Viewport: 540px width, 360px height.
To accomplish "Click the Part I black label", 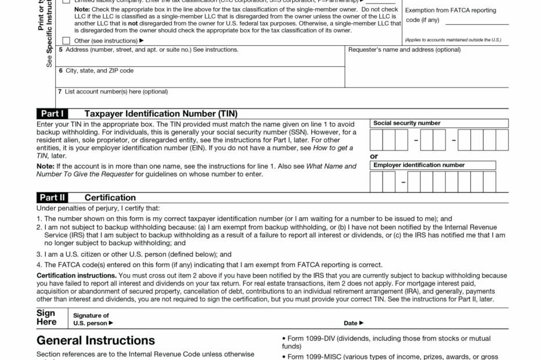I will coord(52,114).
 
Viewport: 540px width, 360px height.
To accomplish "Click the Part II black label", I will coord(52,197).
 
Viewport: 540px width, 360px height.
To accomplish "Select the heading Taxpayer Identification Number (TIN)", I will coord(161,114).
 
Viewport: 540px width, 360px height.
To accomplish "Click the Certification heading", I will coord(110,197).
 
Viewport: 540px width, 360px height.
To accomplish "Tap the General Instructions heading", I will coord(96,340).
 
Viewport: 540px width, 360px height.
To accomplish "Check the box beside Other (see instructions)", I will coord(66,41).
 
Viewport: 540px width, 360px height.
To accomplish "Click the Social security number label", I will coord(406,123).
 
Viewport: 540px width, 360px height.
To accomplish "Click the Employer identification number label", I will coord(419,165).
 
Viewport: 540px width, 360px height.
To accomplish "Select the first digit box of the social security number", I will coord(376,141).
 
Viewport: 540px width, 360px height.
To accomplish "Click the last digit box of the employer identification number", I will coord(489,182).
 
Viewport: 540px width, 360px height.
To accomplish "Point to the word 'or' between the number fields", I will coord(374,156).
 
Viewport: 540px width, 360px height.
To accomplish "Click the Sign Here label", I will coord(47,318).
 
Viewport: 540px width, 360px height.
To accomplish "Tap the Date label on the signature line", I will coord(354,323).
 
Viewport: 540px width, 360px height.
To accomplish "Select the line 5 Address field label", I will coord(148,50).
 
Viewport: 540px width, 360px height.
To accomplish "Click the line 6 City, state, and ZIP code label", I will coord(96,71).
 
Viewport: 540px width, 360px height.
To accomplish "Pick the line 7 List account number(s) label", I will coord(113,92).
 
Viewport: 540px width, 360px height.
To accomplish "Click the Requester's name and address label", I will coord(404,50).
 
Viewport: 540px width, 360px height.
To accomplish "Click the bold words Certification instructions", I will coord(76,275).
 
